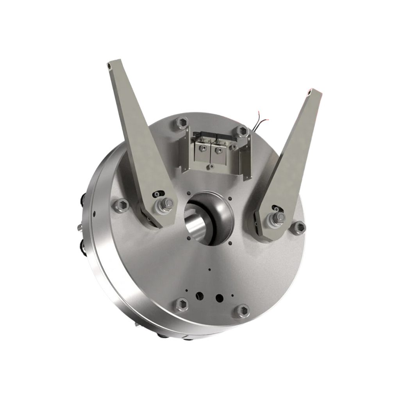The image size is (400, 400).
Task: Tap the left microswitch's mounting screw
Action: coord(202,148)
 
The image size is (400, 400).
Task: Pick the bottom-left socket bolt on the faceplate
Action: coord(181,304)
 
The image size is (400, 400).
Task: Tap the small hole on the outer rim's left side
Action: coord(94,213)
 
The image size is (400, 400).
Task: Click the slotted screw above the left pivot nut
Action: coord(157,194)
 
